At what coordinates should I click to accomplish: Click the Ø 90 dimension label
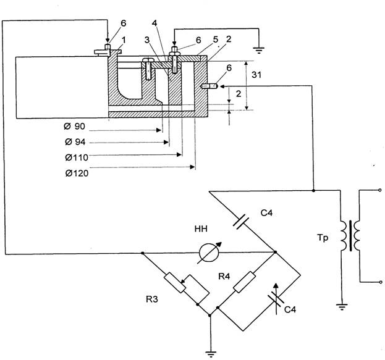pyautogui.click(x=74, y=127)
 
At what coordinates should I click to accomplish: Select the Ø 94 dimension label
pyautogui.click(x=75, y=142)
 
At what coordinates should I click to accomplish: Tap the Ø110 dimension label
pyautogui.click(x=77, y=157)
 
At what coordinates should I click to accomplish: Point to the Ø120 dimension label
pyautogui.click(x=77, y=174)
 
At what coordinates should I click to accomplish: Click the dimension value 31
pyautogui.click(x=256, y=75)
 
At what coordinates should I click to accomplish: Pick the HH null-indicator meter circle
pyautogui.click(x=209, y=253)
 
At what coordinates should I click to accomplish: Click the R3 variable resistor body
pyautogui.click(x=175, y=283)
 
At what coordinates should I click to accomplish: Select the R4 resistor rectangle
pyautogui.click(x=244, y=282)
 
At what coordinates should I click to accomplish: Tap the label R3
pyautogui.click(x=152, y=299)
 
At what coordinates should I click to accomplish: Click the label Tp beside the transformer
pyautogui.click(x=323, y=238)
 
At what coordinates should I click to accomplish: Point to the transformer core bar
pyautogui.click(x=350, y=236)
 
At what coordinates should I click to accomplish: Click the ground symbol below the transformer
pyautogui.click(x=342, y=307)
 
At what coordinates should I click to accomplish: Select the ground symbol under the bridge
pyautogui.click(x=211, y=354)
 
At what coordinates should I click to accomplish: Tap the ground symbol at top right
pyautogui.click(x=259, y=51)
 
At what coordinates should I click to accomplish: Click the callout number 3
pyautogui.click(x=147, y=40)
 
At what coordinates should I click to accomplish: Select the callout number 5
pyautogui.click(x=216, y=40)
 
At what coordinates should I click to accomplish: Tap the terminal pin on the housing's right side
pyautogui.click(x=209, y=86)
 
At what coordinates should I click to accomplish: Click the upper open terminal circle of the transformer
pyautogui.click(x=380, y=190)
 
